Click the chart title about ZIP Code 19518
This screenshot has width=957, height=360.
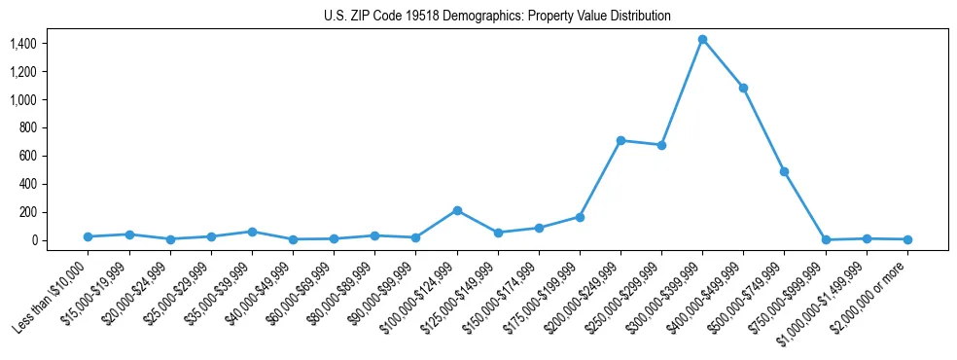coord(497,17)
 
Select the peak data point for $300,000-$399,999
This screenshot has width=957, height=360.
coord(702,39)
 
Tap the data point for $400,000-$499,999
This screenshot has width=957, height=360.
coord(743,88)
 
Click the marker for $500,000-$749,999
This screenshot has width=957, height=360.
coord(784,171)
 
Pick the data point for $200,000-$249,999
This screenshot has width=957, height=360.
coord(620,140)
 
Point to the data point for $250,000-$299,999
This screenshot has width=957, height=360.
coord(661,145)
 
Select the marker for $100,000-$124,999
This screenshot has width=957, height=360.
coord(457,210)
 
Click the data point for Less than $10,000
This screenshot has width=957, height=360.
coord(89,236)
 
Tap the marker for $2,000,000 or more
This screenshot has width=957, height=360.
coord(906,239)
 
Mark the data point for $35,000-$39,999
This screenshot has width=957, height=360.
coord(252,232)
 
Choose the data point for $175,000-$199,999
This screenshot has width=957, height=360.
coord(580,217)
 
